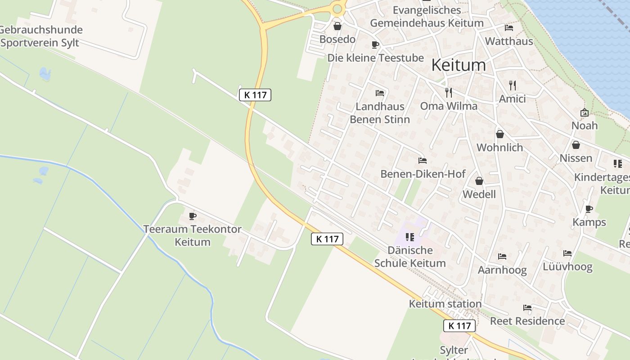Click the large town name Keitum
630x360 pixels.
tap(459, 65)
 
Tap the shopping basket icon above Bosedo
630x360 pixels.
tap(337, 26)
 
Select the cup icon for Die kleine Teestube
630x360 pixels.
tap(375, 45)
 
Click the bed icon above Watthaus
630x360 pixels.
tap(509, 28)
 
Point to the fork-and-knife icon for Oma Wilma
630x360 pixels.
tap(448, 92)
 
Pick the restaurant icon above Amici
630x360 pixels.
tap(512, 85)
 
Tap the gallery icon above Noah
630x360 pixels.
tap(585, 112)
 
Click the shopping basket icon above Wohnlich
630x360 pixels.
tap(499, 134)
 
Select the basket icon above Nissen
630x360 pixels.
tap(576, 145)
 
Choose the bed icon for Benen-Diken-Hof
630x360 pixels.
tap(422, 161)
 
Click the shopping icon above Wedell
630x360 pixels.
tap(479, 181)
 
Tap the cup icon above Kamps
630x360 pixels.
tap(589, 209)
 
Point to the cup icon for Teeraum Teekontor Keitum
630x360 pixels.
tap(193, 216)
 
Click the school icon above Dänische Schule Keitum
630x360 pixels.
tap(409, 237)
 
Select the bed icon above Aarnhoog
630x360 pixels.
tap(502, 256)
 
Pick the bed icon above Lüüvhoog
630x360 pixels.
tap(567, 253)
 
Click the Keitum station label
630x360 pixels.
tap(445, 304)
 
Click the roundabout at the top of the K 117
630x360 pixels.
tap(338, 8)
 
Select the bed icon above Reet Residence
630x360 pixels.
tap(527, 308)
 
